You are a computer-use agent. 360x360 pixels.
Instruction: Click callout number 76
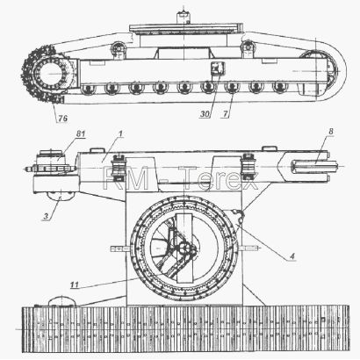point(62,119)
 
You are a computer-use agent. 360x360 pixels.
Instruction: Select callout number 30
point(205,113)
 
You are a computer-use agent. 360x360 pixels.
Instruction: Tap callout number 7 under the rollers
point(225,113)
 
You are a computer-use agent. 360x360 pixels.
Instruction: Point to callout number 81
point(81,133)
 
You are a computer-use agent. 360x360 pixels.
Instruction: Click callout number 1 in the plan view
point(120,133)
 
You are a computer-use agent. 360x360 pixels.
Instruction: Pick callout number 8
point(331,132)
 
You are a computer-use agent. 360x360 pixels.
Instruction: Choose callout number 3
point(46,217)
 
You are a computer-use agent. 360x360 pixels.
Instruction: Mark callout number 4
point(292,256)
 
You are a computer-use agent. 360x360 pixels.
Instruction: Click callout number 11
point(75,284)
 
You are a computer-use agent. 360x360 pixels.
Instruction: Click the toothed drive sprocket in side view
point(47,74)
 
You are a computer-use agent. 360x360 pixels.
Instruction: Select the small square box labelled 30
point(218,68)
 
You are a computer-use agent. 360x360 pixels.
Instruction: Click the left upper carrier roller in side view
point(119,47)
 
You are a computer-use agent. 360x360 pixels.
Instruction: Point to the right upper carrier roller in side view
point(248,47)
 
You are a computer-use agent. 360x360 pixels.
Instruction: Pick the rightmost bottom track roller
point(280,87)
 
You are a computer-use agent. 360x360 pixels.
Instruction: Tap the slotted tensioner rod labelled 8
point(314,167)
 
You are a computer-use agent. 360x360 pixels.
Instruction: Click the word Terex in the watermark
point(218,179)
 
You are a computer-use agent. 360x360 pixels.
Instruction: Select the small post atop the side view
point(183,18)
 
